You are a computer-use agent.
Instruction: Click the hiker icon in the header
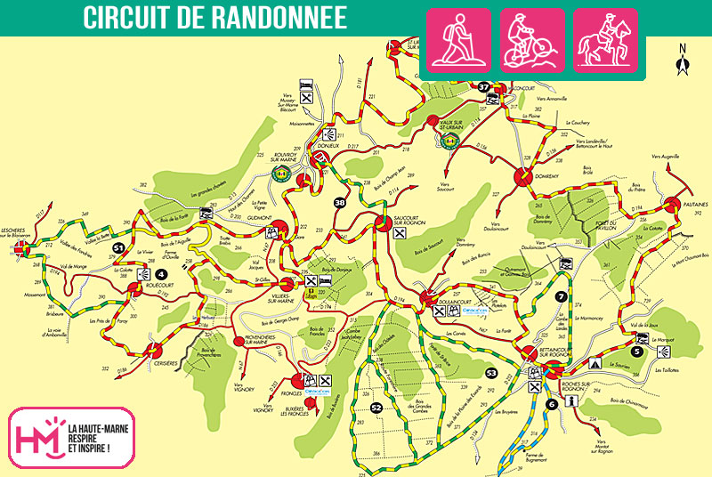(x=459, y=40)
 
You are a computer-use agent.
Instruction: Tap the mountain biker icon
(x=532, y=40)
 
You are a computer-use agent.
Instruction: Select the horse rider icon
(x=605, y=40)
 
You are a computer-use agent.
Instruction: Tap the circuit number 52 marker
(x=376, y=408)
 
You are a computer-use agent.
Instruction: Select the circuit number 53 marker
(x=491, y=372)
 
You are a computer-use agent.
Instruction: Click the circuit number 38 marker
(x=340, y=203)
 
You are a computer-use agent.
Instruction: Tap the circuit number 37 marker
(x=484, y=86)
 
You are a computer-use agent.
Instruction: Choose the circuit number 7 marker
(x=562, y=296)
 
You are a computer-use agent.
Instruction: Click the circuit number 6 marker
(x=552, y=404)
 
